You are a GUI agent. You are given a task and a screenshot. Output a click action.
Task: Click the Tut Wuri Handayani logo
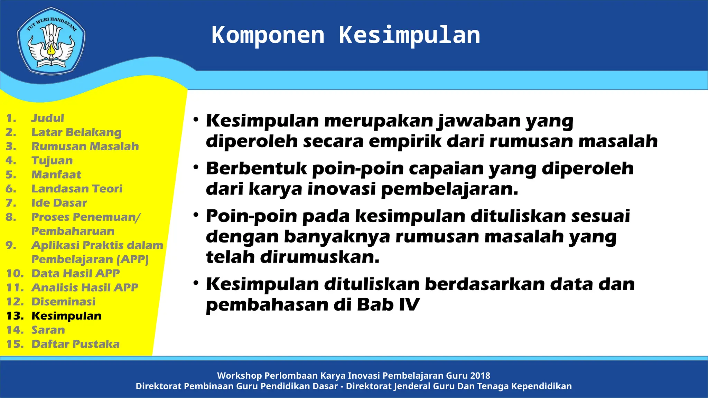pyautogui.click(x=51, y=41)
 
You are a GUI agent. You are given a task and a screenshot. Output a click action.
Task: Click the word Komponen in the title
pyautogui.click(x=268, y=35)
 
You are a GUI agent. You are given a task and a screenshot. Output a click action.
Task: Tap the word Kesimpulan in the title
pyautogui.click(x=409, y=35)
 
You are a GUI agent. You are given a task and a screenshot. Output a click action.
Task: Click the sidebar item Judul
pyautogui.click(x=48, y=118)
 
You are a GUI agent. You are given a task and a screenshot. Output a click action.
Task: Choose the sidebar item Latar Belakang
pyautogui.click(x=76, y=132)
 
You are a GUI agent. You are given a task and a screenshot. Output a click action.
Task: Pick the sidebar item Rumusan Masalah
pyautogui.click(x=85, y=146)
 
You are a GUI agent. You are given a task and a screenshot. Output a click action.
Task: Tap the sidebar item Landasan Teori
pyautogui.click(x=77, y=189)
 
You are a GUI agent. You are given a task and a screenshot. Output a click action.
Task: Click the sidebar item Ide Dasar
pyautogui.click(x=59, y=203)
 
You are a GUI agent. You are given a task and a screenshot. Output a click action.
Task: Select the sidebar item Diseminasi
pyautogui.click(x=63, y=302)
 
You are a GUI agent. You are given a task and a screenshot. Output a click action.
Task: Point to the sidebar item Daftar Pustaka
pyautogui.click(x=75, y=344)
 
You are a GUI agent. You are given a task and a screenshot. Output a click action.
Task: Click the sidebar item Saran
pyautogui.click(x=48, y=330)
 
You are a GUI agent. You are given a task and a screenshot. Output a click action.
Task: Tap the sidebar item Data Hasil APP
pyautogui.click(x=75, y=273)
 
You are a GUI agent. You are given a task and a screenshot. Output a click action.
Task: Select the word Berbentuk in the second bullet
pyautogui.click(x=256, y=169)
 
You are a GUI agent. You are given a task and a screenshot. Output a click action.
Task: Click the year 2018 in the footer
pyautogui.click(x=480, y=376)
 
